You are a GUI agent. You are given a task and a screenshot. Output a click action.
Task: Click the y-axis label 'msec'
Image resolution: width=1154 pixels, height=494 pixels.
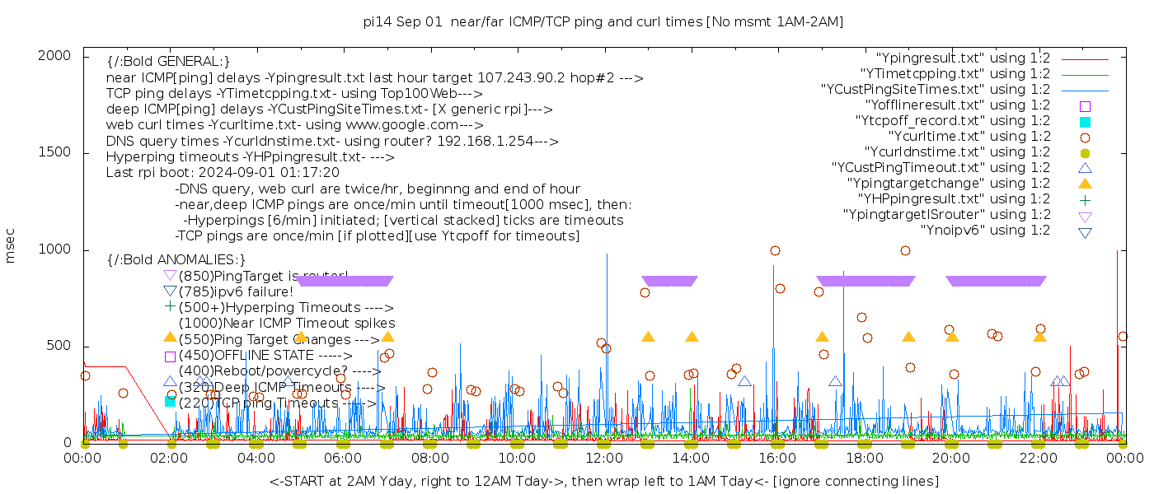point(11,245)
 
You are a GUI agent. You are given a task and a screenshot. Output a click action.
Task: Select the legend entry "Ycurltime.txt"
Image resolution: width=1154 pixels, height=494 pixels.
point(969,137)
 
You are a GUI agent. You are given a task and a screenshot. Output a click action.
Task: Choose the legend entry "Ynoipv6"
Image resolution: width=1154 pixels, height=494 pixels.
point(985,231)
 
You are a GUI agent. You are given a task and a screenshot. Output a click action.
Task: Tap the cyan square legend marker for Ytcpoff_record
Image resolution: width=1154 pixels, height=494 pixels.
point(1085,122)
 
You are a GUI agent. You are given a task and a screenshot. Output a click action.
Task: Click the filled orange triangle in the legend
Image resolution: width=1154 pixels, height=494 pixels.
point(1085,184)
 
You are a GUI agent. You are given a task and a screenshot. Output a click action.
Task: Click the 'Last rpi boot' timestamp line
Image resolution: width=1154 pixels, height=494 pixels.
point(223,173)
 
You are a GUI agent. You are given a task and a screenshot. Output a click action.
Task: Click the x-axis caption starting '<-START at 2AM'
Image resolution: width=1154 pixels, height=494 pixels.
point(603,481)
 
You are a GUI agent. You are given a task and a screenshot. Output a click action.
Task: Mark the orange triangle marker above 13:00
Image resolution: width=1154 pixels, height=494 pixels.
point(648,337)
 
